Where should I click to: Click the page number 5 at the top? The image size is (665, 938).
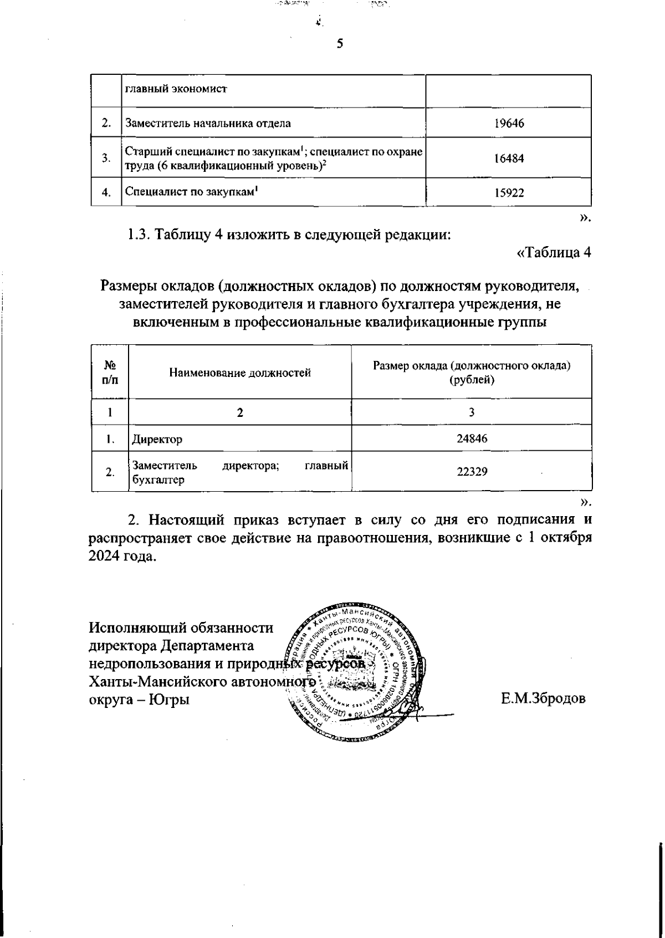[340, 44]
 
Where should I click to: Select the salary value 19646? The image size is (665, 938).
[509, 123]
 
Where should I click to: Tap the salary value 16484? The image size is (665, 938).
[509, 159]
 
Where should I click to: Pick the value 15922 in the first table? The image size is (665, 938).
[509, 193]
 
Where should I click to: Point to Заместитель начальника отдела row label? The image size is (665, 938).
[208, 123]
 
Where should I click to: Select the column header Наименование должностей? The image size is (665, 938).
[240, 373]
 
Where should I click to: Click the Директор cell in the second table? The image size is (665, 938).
[157, 440]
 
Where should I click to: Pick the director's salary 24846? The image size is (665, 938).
[472, 439]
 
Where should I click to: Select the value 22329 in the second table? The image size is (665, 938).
[472, 472]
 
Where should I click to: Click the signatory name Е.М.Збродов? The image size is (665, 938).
[543, 699]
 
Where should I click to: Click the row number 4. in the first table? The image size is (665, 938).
[106, 193]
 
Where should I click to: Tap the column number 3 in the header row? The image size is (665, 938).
[472, 412]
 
